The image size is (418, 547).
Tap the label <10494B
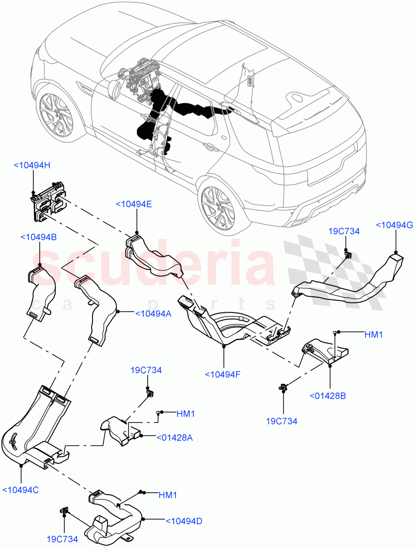click(39, 237)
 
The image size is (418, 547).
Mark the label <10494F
click(222, 374)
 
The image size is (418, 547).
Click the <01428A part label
click(174, 438)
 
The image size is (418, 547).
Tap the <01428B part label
click(327, 396)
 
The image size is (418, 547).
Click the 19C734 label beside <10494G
click(344, 232)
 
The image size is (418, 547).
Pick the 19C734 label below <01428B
click(282, 421)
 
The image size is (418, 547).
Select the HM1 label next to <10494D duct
click(168, 495)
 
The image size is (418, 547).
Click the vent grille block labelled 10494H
click(47, 201)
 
